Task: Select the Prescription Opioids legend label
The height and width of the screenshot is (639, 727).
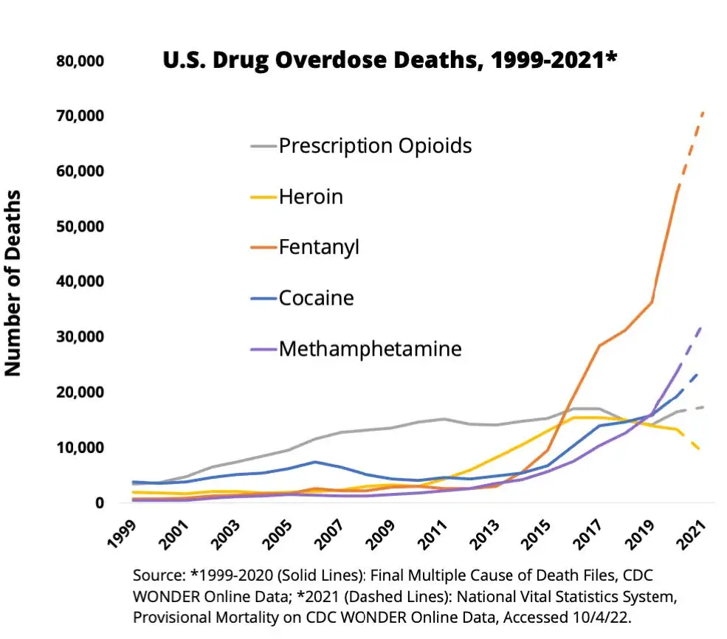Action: (375, 145)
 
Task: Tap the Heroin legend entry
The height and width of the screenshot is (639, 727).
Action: (311, 196)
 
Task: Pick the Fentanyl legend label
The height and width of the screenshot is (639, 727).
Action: (319, 247)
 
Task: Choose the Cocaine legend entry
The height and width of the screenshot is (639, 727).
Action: (316, 298)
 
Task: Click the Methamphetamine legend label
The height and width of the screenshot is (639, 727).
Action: (370, 349)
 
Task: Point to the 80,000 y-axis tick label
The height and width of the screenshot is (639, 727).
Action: (80, 61)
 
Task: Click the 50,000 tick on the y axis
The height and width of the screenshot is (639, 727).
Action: (80, 227)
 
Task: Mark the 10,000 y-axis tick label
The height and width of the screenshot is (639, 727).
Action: (80, 448)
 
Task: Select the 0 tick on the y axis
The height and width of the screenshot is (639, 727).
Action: (98, 503)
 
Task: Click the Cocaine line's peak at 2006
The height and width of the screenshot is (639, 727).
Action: (315, 462)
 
